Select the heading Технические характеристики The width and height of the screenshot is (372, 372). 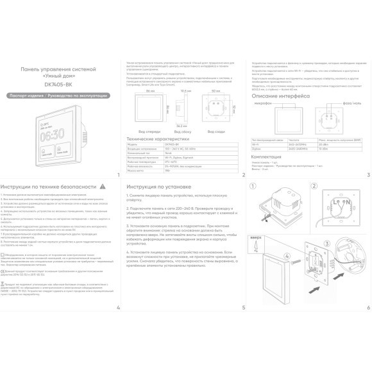[158, 139]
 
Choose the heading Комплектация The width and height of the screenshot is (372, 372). [266, 156]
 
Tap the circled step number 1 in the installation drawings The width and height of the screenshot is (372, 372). [253, 187]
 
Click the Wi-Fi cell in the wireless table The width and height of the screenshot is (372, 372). [257, 144]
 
